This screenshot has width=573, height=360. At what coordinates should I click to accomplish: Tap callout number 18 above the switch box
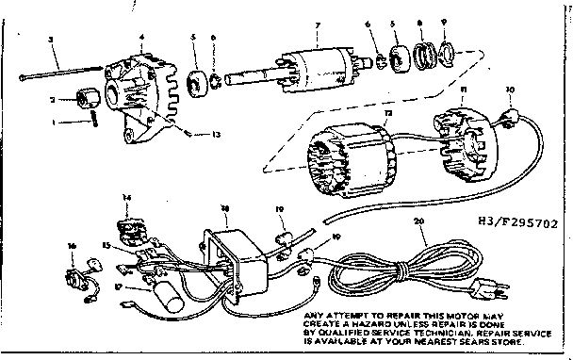pyautogui.click(x=224, y=205)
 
